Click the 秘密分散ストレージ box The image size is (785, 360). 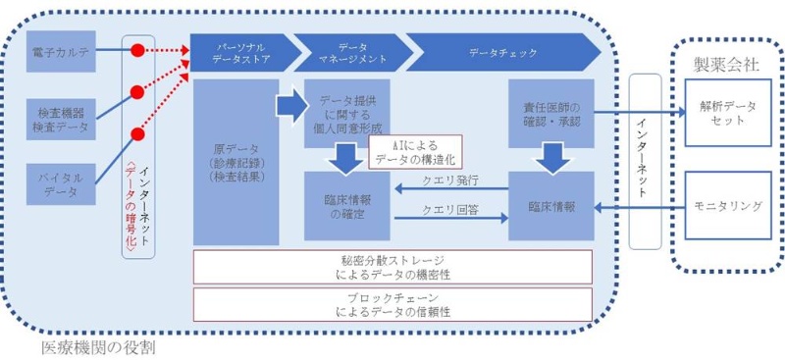click(392, 266)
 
